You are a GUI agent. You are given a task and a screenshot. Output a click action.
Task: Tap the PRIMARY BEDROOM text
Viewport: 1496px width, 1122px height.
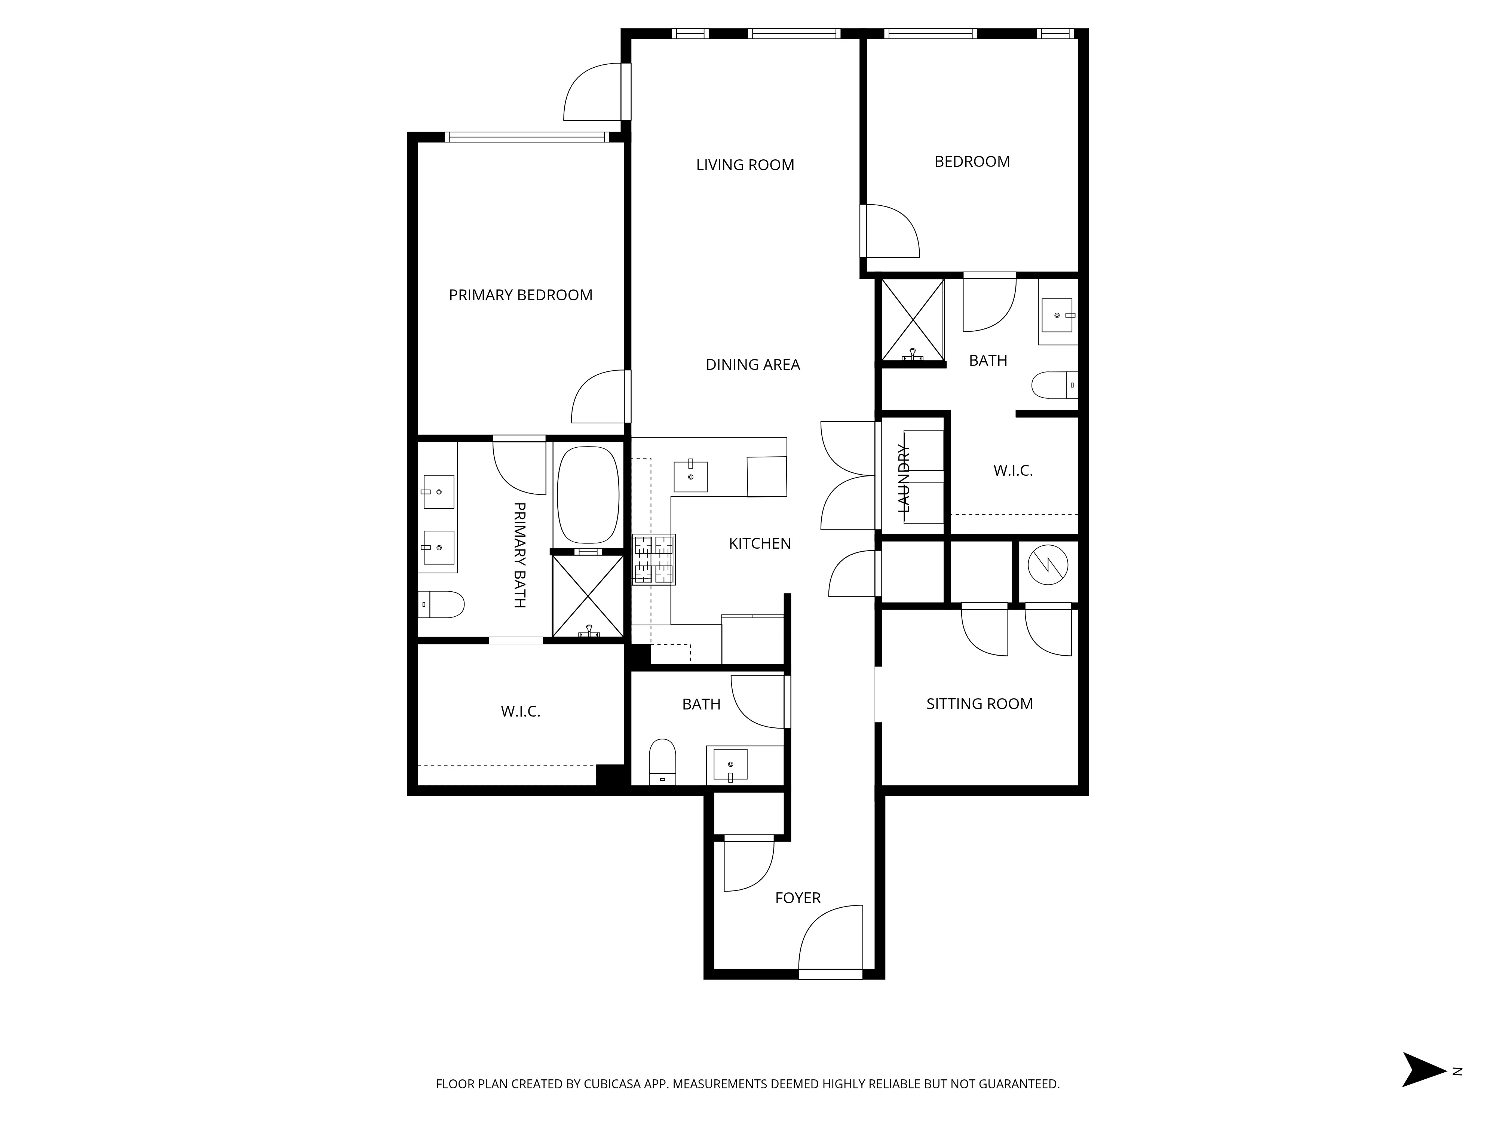coord(520,295)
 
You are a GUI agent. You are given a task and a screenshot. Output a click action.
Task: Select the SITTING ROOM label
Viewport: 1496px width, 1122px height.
coord(979,704)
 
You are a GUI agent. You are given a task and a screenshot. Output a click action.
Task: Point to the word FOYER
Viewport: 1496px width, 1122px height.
coord(797,898)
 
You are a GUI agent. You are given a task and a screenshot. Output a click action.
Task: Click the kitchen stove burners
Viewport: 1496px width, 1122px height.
coord(653,559)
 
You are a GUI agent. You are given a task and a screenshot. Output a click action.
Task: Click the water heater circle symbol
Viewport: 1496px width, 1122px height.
coord(1048,564)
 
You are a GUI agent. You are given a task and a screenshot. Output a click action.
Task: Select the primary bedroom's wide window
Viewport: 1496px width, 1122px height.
coord(526,137)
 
